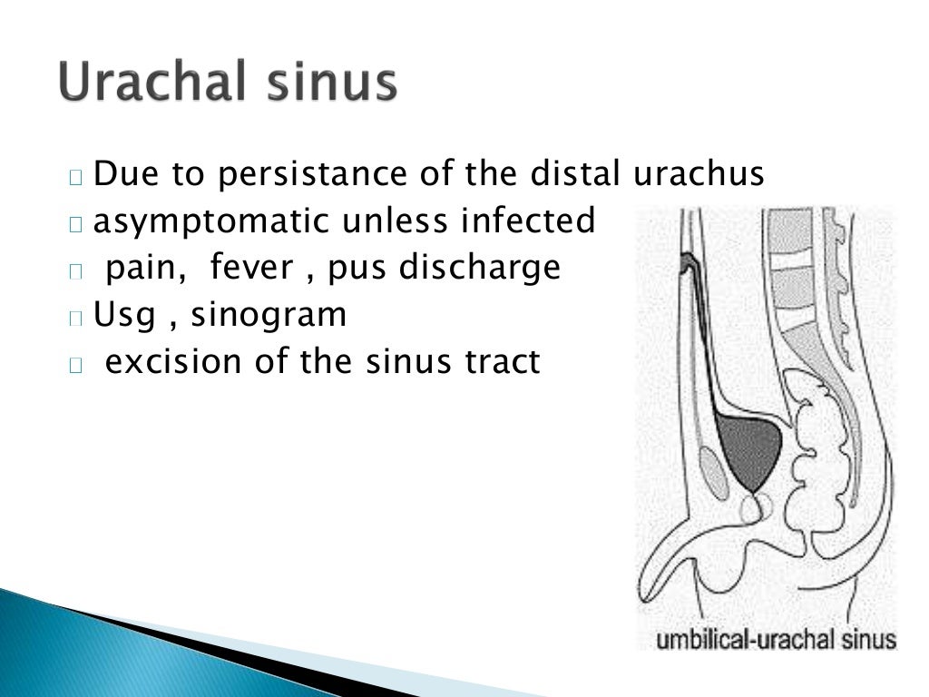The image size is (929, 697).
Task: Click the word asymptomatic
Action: click(211, 221)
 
